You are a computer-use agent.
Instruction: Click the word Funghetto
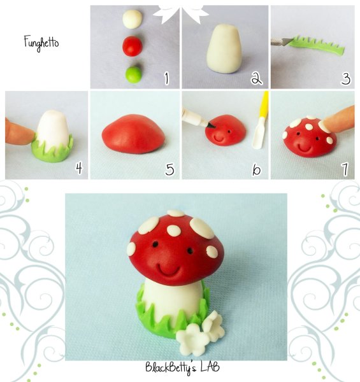click(41, 43)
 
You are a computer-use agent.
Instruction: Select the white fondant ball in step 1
click(133, 19)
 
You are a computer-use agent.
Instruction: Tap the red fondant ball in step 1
click(132, 46)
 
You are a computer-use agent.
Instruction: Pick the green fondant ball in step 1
click(133, 74)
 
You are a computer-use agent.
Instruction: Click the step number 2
click(256, 79)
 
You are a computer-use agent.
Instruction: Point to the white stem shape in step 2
click(224, 48)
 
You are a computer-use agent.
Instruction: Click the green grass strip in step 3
click(317, 46)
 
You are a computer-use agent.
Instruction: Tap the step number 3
click(346, 79)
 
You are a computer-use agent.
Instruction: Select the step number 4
click(79, 168)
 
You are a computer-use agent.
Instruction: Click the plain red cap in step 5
click(134, 134)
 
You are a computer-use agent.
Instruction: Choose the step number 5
click(169, 169)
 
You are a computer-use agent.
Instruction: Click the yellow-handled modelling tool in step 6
click(261, 120)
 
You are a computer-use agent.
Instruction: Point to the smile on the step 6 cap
click(219, 139)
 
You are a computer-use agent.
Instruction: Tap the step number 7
click(345, 169)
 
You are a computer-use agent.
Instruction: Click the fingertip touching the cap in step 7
click(339, 118)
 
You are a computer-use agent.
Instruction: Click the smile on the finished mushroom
click(169, 270)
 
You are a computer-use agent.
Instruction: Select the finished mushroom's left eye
click(155, 243)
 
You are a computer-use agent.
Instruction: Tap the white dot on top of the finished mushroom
click(176, 213)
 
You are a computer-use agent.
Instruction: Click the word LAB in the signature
click(210, 367)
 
